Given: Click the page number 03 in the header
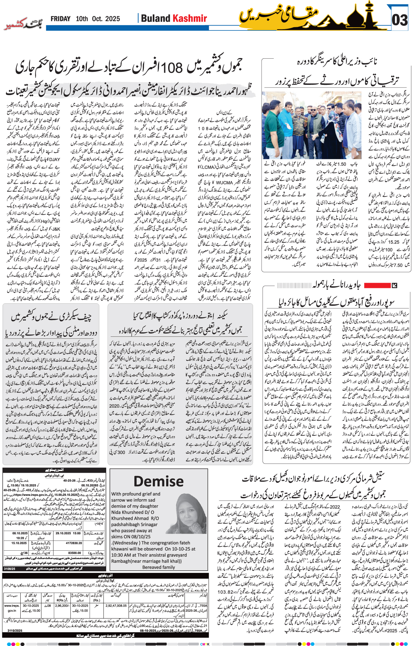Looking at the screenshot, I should click(400, 20).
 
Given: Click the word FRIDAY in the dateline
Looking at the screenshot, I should click(60, 19).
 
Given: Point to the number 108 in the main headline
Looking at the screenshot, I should click(171, 67).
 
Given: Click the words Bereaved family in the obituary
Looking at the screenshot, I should click(158, 567).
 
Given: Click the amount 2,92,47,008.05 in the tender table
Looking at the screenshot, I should click(116, 606).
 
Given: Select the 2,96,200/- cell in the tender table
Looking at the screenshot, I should click(62, 606).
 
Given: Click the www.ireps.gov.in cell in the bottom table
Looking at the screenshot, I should click(12, 608).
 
